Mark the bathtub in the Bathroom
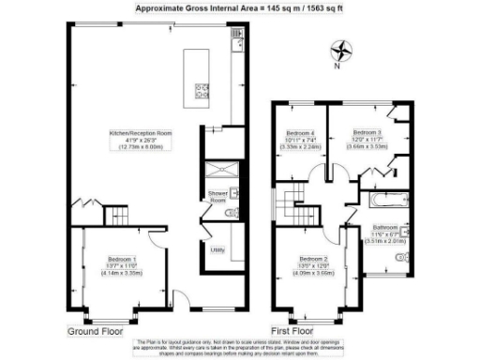(384, 200)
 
